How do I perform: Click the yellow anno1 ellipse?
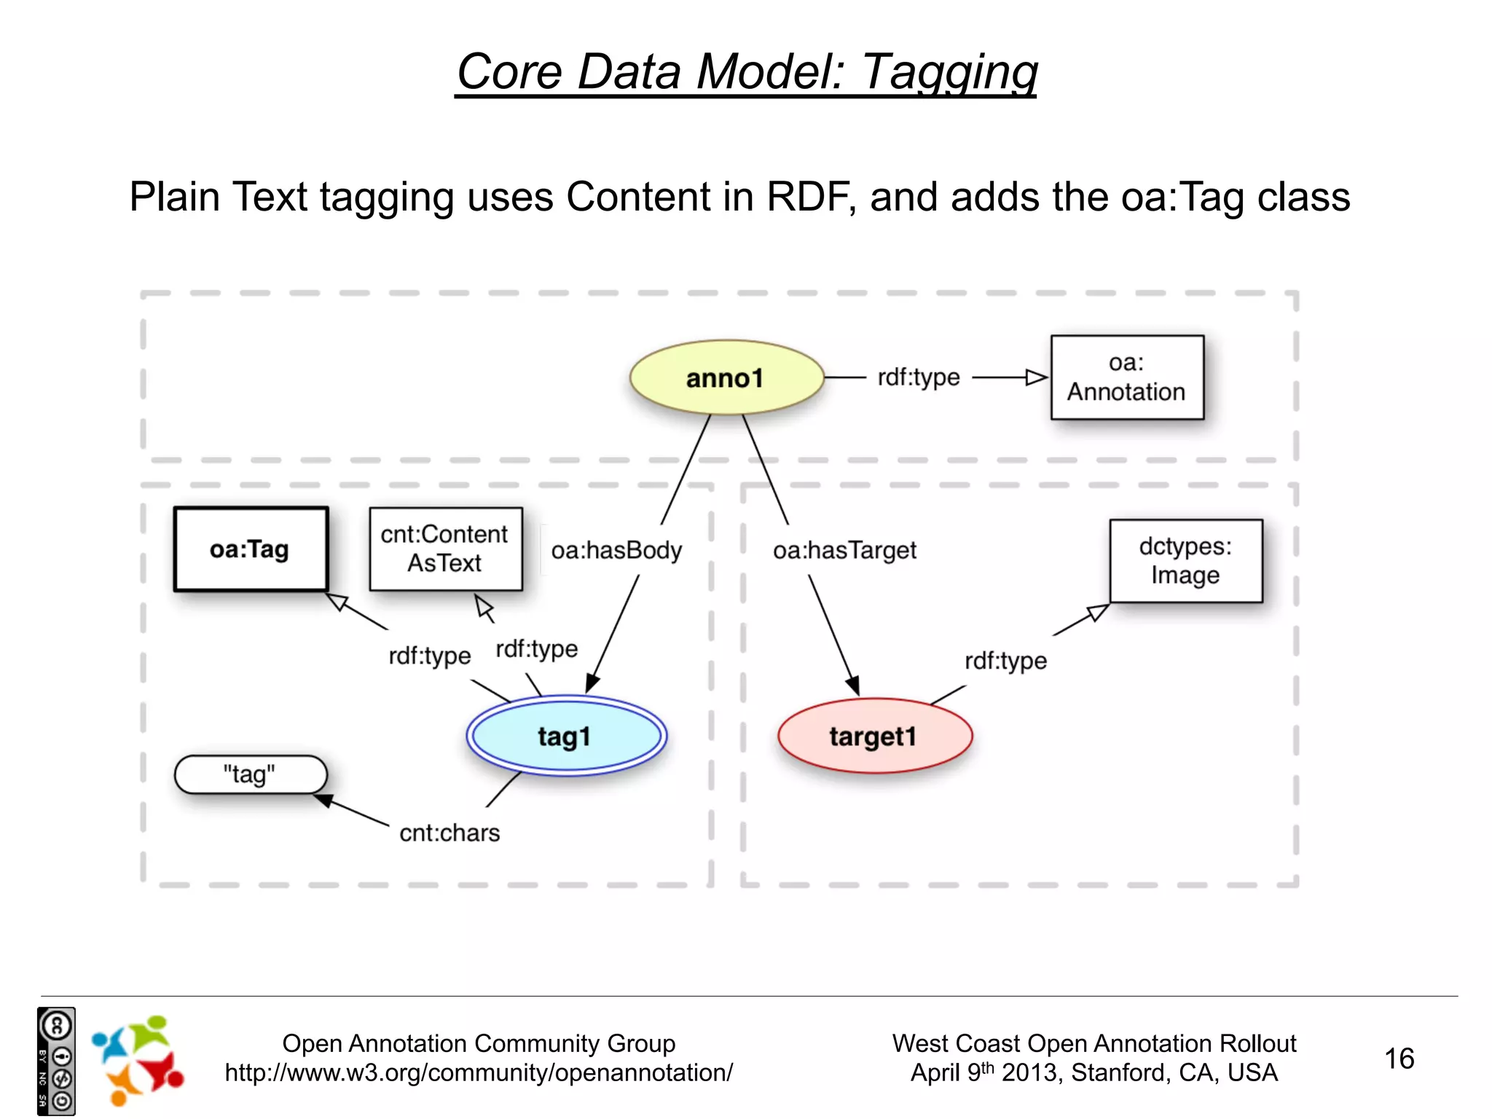(x=726, y=377)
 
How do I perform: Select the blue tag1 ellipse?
(x=566, y=736)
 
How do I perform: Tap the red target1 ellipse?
(x=873, y=736)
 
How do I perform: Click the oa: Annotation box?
(x=1126, y=377)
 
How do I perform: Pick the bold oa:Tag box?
(x=251, y=549)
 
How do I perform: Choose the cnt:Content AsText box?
(x=445, y=549)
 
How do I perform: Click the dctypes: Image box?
(x=1185, y=561)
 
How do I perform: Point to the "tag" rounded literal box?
(x=250, y=774)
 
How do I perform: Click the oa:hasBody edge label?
(x=616, y=550)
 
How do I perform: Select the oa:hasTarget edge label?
(x=844, y=550)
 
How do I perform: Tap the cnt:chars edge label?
(x=449, y=833)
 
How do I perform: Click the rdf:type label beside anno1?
(x=918, y=377)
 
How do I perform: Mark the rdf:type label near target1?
(x=1005, y=661)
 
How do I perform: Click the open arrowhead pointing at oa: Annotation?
(x=1036, y=377)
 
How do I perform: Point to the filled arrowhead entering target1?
(x=853, y=686)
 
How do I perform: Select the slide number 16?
(x=1399, y=1059)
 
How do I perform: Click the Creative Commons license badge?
(x=56, y=1061)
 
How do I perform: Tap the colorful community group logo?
(x=138, y=1061)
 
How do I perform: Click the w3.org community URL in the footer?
(x=479, y=1072)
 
